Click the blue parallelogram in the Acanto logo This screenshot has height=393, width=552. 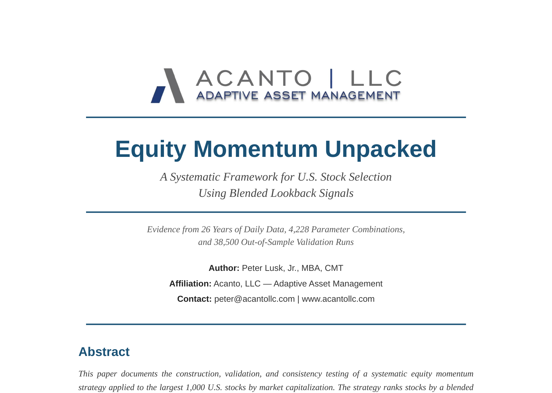(158, 95)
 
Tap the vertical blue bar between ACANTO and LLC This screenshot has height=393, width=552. (331, 78)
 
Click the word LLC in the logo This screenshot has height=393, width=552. (376, 78)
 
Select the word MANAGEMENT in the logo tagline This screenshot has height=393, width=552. (355, 95)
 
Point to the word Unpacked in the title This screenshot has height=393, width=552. (381, 149)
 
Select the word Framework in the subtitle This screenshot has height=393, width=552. (250, 177)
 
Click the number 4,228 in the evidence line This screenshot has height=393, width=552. (299, 229)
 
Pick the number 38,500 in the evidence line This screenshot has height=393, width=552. (226, 242)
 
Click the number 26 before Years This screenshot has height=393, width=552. (206, 229)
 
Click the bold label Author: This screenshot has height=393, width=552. (224, 268)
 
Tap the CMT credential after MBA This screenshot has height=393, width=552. (334, 268)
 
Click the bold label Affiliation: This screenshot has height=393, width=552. (190, 284)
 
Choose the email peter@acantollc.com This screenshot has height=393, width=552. (255, 299)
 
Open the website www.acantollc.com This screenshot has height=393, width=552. (338, 299)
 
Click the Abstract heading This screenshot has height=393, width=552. (104, 351)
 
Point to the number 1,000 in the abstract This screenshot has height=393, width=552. (195, 387)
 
